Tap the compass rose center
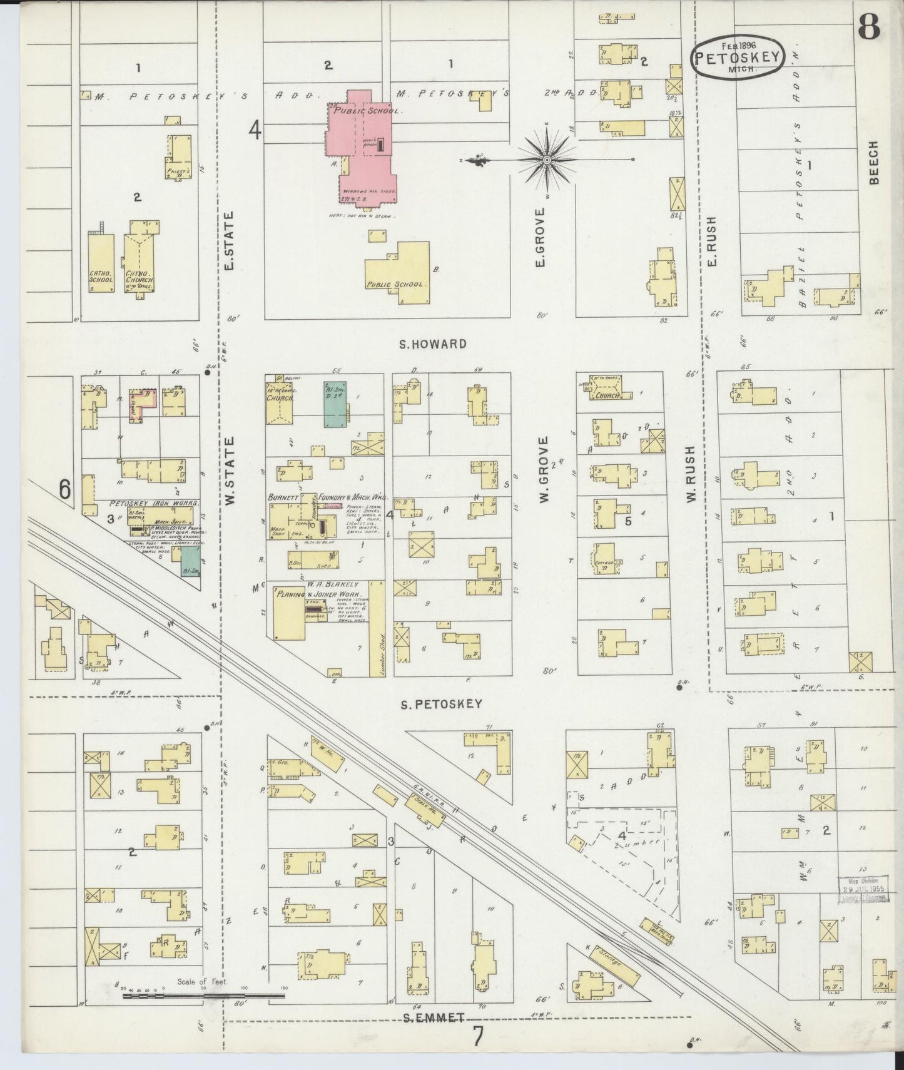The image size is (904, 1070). [547, 160]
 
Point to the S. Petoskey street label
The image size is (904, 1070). [442, 703]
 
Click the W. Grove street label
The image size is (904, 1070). [542, 469]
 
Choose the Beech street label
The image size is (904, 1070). [874, 163]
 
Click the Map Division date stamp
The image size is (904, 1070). [863, 889]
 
